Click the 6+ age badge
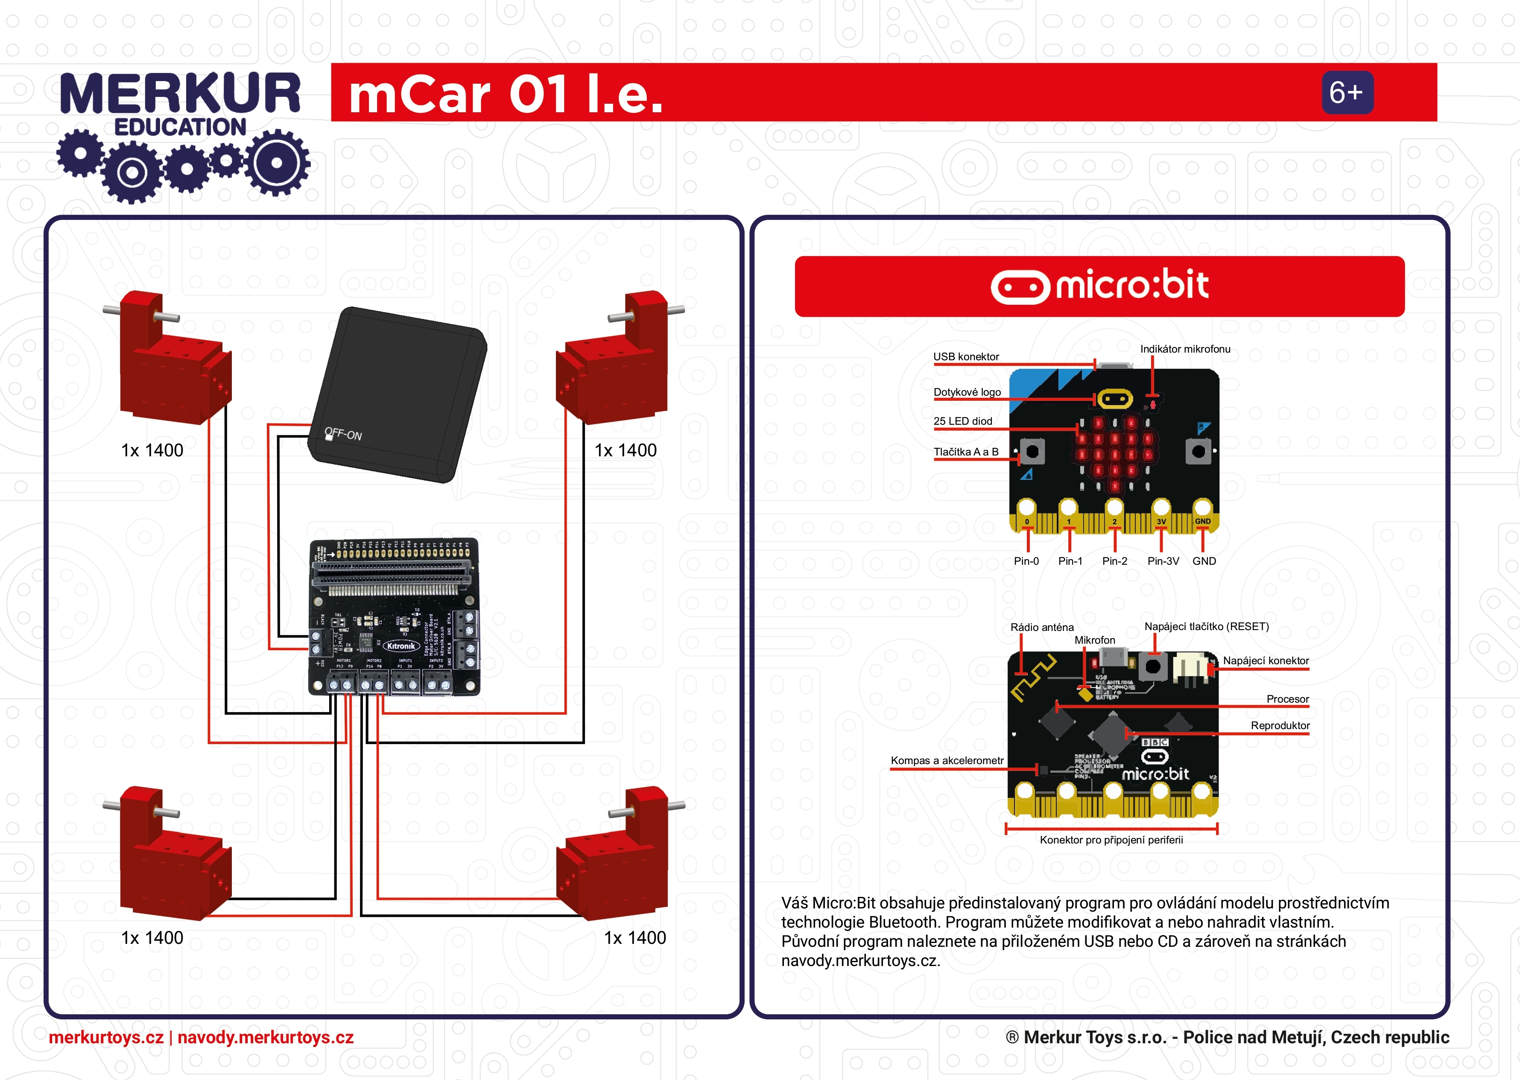1346,93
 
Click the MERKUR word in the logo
180,94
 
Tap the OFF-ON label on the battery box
343,434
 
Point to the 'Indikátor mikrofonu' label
1185,349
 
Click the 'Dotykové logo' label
967,392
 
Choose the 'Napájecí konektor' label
1265,660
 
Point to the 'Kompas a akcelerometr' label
947,760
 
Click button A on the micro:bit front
1032,452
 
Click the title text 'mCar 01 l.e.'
506,94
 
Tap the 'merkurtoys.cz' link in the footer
106,1037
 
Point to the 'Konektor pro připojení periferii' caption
1111,840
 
